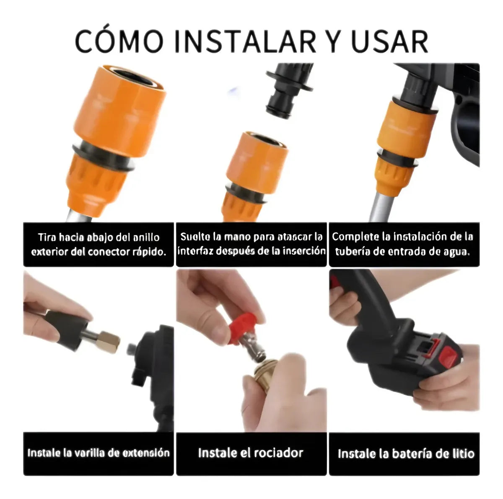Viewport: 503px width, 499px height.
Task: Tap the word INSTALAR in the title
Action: click(x=245, y=41)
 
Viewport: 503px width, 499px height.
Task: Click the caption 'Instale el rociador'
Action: click(x=251, y=453)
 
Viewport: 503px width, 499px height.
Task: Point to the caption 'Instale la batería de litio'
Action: click(x=405, y=454)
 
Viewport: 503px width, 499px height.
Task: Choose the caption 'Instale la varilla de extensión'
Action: click(x=99, y=453)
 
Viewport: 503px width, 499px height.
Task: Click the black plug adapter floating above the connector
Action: click(x=290, y=90)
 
